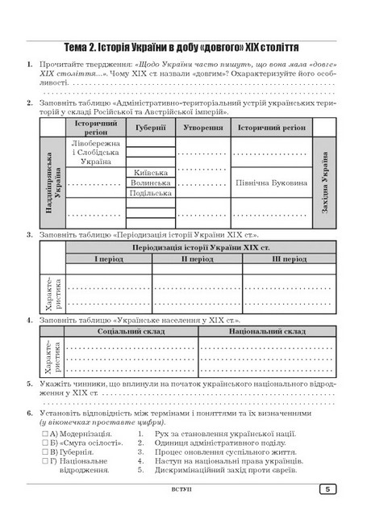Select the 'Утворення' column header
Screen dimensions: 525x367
click(x=202, y=128)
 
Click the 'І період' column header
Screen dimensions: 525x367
click(x=107, y=259)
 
